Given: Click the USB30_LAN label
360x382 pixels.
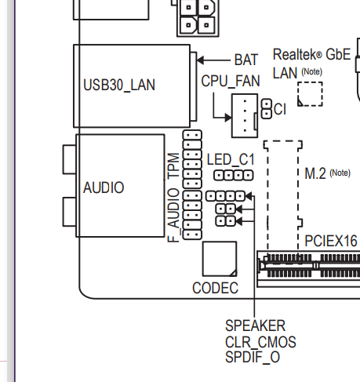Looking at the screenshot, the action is [119, 85].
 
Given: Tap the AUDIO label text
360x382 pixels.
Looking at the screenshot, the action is [104, 187].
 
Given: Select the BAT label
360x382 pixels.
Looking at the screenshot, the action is [246, 60].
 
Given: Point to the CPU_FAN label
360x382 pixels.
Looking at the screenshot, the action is [231, 81].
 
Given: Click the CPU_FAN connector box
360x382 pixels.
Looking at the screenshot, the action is [245, 115].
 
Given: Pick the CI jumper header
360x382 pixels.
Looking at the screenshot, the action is [267, 109].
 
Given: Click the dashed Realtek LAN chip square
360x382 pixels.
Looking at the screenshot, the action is [310, 94].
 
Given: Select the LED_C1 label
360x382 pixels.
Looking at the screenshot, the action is [231, 159].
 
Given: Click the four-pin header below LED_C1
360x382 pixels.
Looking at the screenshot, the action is [234, 175].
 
